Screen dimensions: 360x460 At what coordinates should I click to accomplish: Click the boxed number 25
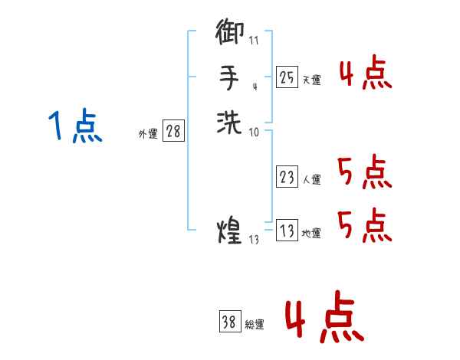287,77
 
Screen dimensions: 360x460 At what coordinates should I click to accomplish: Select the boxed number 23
287,177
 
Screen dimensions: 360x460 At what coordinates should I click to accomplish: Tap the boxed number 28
173,131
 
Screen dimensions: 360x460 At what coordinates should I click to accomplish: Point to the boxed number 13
287,231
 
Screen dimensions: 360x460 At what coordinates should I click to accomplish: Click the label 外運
148,133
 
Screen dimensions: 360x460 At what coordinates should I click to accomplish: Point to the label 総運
255,325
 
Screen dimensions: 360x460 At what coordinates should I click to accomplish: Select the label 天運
312,80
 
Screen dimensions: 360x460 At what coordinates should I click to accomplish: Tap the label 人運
312,180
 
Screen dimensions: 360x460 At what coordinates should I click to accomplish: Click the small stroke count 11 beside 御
255,39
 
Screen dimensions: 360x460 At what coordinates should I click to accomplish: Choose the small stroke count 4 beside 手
254,87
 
